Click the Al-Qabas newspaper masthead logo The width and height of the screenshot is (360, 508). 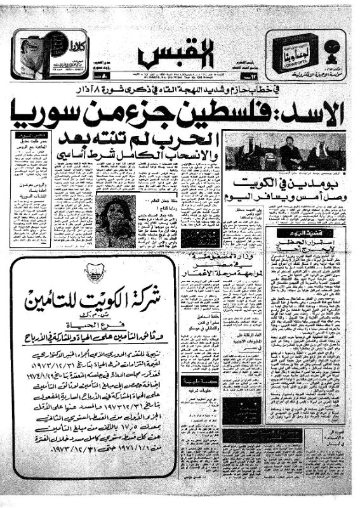pos(180,57)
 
